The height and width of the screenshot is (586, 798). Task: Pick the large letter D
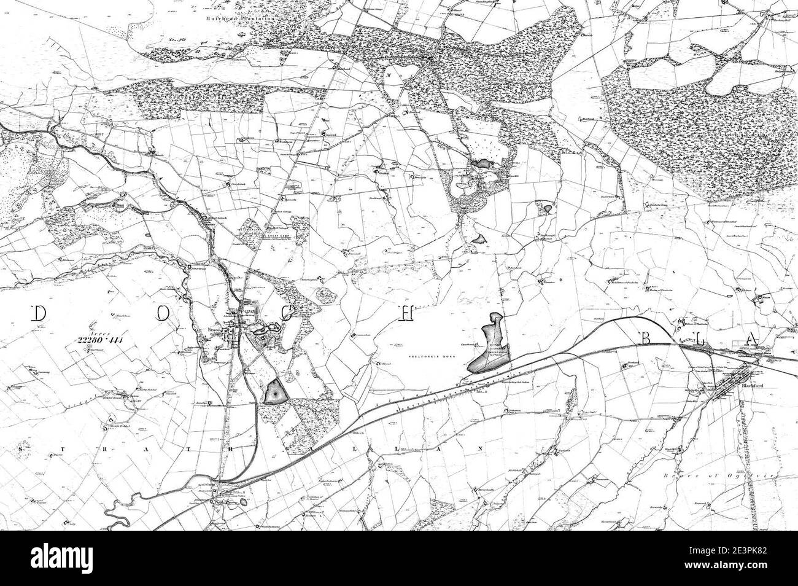point(38,314)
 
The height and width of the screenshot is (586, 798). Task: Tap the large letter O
point(161,314)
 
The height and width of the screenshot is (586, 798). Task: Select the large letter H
point(406,313)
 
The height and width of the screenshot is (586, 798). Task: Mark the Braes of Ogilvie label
point(758,476)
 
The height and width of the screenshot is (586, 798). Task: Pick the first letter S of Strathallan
point(21,449)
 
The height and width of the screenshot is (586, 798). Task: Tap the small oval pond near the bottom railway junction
point(244,502)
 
